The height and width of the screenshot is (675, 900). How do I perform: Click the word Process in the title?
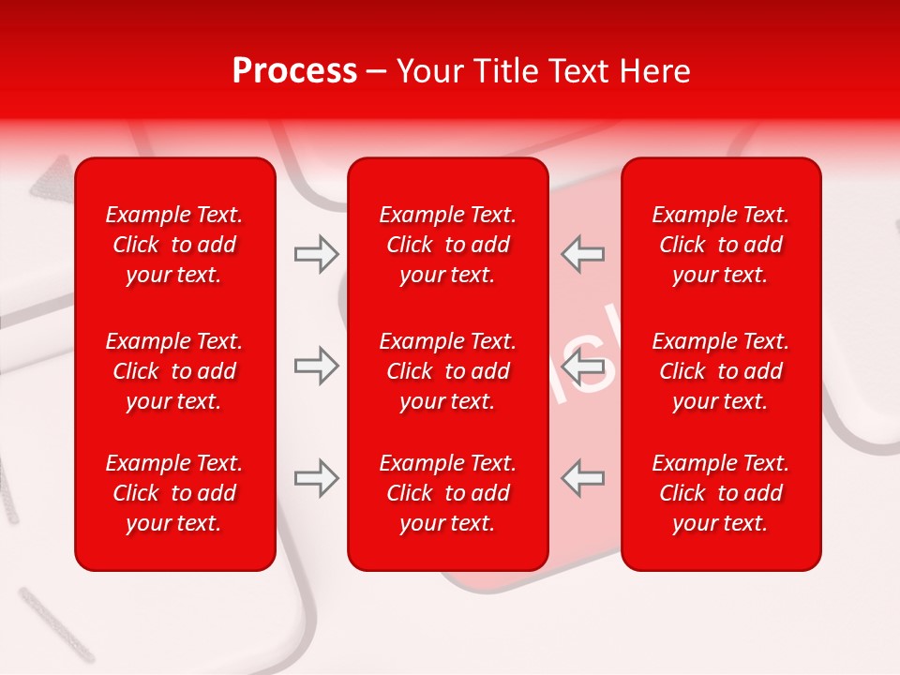click(294, 71)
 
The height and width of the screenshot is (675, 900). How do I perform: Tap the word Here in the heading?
click(655, 71)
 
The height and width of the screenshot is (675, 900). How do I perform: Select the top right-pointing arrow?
click(316, 254)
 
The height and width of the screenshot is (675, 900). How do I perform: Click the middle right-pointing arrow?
click(316, 366)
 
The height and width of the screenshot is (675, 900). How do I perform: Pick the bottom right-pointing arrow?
click(316, 478)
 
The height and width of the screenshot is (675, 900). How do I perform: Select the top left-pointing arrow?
click(583, 254)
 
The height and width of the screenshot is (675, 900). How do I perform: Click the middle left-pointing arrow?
click(583, 366)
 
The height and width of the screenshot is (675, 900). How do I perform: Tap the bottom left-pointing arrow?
click(583, 478)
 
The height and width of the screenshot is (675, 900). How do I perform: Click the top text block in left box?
click(174, 245)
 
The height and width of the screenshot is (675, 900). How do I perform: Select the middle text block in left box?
click(174, 371)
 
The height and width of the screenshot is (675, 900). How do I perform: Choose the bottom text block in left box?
click(174, 493)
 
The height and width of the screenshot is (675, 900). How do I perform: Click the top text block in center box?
click(448, 245)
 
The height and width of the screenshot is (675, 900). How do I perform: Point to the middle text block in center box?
click(448, 371)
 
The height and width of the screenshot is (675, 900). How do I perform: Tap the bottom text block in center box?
click(448, 493)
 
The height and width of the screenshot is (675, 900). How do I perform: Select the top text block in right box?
click(721, 245)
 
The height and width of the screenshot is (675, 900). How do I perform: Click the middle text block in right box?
click(721, 371)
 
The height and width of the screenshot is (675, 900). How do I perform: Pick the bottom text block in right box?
click(721, 493)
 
